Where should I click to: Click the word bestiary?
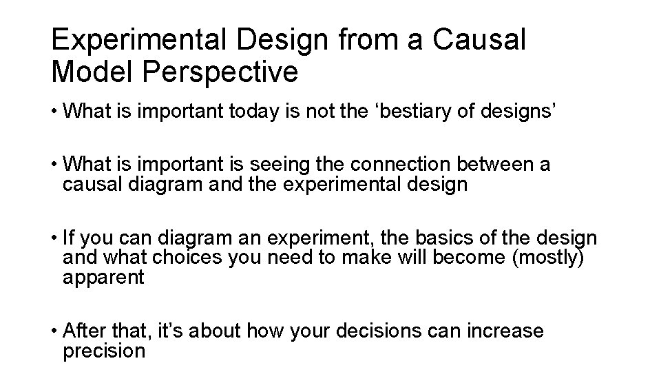point(392,112)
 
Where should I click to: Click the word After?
point(87,331)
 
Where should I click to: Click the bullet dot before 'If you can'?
point(55,240)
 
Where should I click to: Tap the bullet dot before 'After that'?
point(55,331)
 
